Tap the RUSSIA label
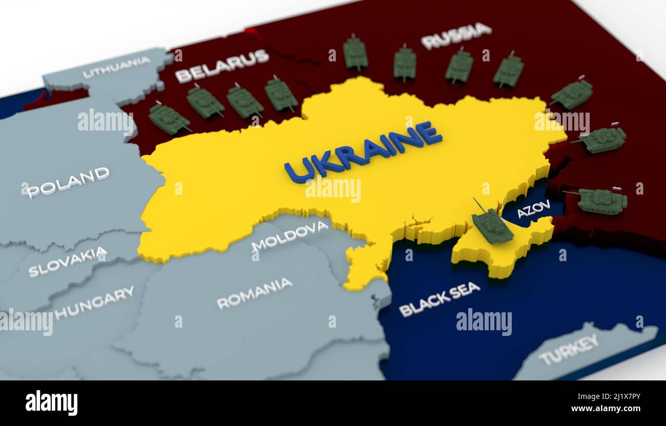coord(456,35)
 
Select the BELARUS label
coord(222,66)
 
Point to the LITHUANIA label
coord(117,68)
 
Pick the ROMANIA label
coord(254,293)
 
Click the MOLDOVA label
coord(290,235)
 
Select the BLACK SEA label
coord(439,299)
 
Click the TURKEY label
coord(568,350)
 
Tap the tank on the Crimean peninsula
coord(492,226)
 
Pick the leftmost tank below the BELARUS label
coord(168,119)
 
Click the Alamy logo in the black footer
coord(51,403)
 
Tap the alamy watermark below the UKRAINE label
coord(333,189)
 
